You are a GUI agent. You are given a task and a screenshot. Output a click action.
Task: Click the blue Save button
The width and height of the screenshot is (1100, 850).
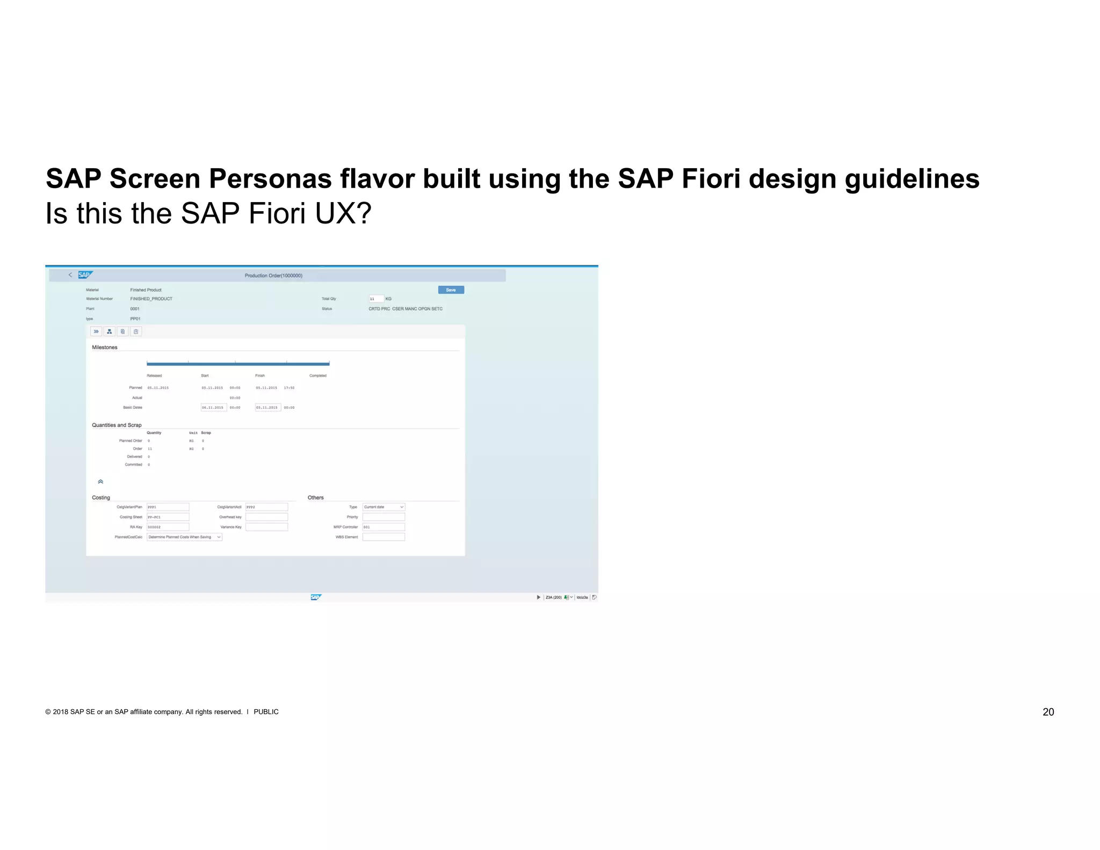(x=451, y=290)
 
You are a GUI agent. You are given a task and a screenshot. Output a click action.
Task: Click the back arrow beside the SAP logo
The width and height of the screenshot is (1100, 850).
(x=70, y=275)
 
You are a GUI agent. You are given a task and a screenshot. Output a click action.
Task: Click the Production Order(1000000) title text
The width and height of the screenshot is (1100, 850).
(x=273, y=276)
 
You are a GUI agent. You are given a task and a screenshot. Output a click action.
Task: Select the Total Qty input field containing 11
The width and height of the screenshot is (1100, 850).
(x=376, y=299)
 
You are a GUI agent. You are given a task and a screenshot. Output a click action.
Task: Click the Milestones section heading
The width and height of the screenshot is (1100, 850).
(x=105, y=348)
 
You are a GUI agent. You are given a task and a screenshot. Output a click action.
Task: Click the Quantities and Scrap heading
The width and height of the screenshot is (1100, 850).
(x=117, y=425)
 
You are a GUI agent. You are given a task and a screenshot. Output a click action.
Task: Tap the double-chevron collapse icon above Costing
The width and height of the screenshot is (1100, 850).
(x=100, y=482)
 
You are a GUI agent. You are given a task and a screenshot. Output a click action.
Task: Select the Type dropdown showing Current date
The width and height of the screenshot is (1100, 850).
(x=383, y=507)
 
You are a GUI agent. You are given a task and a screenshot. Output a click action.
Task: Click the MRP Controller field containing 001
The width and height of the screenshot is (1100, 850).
(x=383, y=527)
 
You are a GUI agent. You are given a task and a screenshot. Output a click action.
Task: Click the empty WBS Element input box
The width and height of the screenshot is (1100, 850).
(x=383, y=537)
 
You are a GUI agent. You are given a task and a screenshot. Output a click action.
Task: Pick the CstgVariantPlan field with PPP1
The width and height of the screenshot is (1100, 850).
(x=168, y=507)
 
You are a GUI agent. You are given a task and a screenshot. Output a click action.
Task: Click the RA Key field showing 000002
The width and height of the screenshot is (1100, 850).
(x=168, y=527)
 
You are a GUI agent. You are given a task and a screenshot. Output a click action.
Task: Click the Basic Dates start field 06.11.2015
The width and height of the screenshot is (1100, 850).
(x=213, y=408)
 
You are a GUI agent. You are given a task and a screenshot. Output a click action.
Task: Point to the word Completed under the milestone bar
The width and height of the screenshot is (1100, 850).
(x=318, y=376)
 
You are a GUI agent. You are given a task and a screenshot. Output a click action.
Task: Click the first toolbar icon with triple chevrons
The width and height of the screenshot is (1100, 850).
(x=96, y=332)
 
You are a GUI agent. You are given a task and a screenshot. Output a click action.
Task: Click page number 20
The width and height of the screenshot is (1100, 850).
(x=1048, y=712)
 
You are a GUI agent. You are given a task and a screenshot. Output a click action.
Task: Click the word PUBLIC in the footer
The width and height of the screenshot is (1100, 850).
(x=266, y=712)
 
